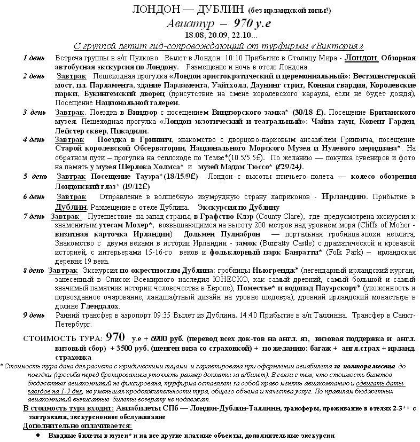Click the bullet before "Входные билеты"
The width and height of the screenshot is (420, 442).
(38, 436)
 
